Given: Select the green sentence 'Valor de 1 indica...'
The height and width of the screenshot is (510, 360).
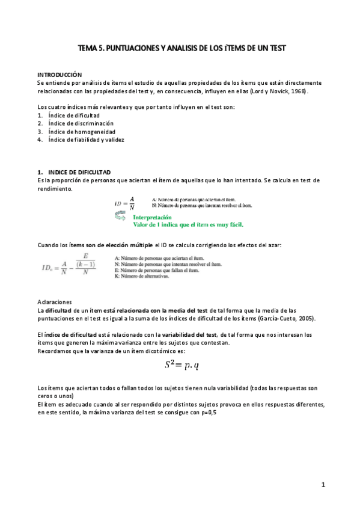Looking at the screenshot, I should click(192, 226).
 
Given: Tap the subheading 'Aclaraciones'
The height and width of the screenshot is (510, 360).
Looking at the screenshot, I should click(54, 301).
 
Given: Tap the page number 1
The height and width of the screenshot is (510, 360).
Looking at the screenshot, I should click(323, 485).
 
